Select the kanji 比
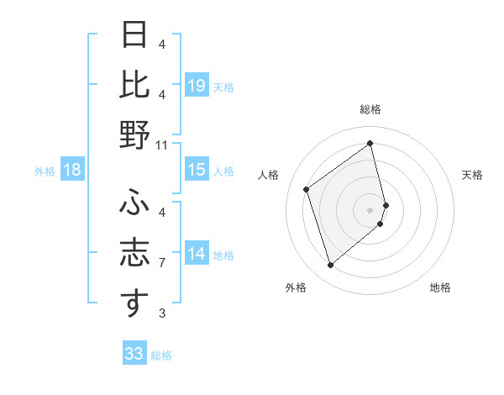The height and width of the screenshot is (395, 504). click(135, 85)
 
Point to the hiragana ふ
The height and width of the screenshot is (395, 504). click(135, 202)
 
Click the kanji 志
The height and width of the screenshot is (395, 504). click(135, 254)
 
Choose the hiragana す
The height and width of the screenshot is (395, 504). click(135, 303)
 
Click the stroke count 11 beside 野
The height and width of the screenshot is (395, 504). click(162, 145)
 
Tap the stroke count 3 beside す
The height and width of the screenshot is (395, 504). click(162, 313)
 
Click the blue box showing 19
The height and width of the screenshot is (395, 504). click(197, 85)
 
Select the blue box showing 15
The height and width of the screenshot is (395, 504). click(197, 170)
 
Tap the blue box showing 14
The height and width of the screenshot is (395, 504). click(197, 254)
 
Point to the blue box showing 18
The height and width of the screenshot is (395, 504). click(72, 170)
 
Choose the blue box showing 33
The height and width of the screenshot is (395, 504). click(134, 354)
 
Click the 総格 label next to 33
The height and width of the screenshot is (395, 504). click(161, 355)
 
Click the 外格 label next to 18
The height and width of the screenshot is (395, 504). click(45, 171)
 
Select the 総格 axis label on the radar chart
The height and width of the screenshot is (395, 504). click(370, 110)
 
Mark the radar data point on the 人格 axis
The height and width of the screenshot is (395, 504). click(307, 189)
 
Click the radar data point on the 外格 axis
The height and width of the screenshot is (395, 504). click(330, 266)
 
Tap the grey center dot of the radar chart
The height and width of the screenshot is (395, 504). click(370, 208)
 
